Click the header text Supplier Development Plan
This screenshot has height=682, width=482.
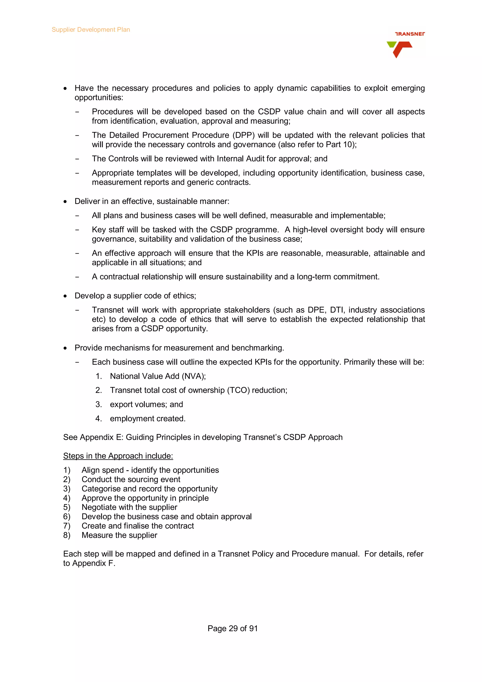click(x=91, y=30)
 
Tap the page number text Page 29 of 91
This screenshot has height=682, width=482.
click(x=232, y=628)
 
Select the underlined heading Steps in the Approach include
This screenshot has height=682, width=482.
click(x=118, y=456)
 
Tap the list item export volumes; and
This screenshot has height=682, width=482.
click(x=146, y=404)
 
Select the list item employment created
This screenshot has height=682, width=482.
click(x=148, y=418)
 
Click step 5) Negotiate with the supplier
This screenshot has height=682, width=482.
click(x=129, y=507)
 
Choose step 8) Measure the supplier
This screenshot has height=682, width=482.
click(x=119, y=535)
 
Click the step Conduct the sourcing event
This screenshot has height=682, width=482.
click(x=131, y=479)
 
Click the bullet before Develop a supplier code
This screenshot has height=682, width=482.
click(x=65, y=296)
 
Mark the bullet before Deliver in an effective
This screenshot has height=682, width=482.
click(x=65, y=202)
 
